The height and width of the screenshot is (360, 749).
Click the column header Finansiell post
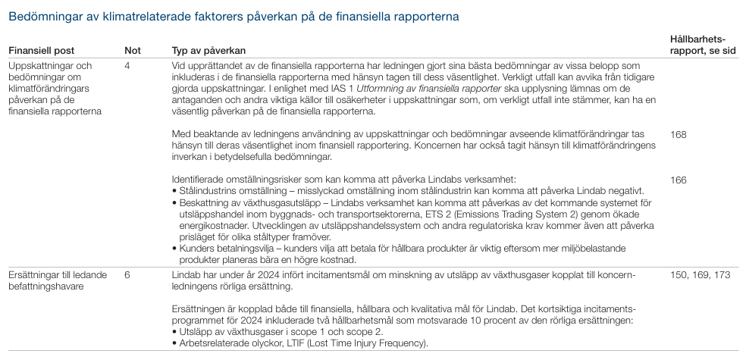[41, 51]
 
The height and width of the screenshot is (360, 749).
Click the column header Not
[132, 51]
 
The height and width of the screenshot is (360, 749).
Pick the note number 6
[127, 274]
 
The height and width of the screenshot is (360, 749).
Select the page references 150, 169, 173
[699, 274]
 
